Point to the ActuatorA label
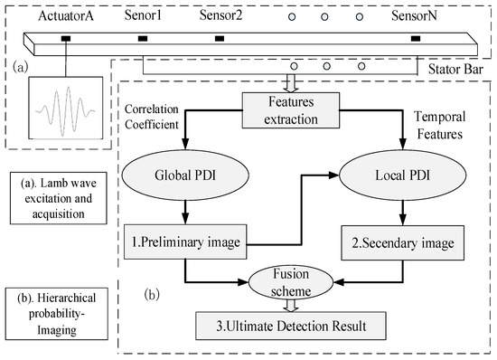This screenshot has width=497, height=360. (x=65, y=16)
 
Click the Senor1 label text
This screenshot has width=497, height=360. (x=143, y=16)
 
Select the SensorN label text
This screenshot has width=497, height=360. (x=414, y=16)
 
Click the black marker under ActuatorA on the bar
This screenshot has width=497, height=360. (x=66, y=39)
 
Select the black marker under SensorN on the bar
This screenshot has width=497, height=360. (x=415, y=39)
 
